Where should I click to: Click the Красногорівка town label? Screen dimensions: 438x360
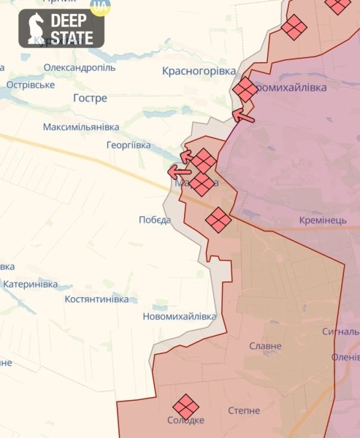pos(199,71)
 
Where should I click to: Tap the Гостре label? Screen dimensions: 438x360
pos(91,98)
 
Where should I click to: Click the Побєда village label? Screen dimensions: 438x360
pos(155,220)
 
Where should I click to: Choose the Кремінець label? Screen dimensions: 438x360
pos(323,220)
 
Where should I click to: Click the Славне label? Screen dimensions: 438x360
pos(266,346)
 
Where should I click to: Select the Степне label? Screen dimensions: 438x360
pos(244,411)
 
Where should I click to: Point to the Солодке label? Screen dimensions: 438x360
pos(185,421)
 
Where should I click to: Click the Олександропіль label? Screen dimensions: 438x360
pos(80,67)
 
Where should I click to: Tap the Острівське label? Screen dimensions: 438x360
pos(31,85)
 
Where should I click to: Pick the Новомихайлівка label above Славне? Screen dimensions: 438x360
pos(180,317)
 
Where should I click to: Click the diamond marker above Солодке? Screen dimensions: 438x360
pos(185,406)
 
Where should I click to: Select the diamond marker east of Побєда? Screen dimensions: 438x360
pos(218,219)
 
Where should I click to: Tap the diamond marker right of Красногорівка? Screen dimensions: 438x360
pos(245,90)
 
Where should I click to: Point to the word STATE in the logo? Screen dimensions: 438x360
pos(72,38)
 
